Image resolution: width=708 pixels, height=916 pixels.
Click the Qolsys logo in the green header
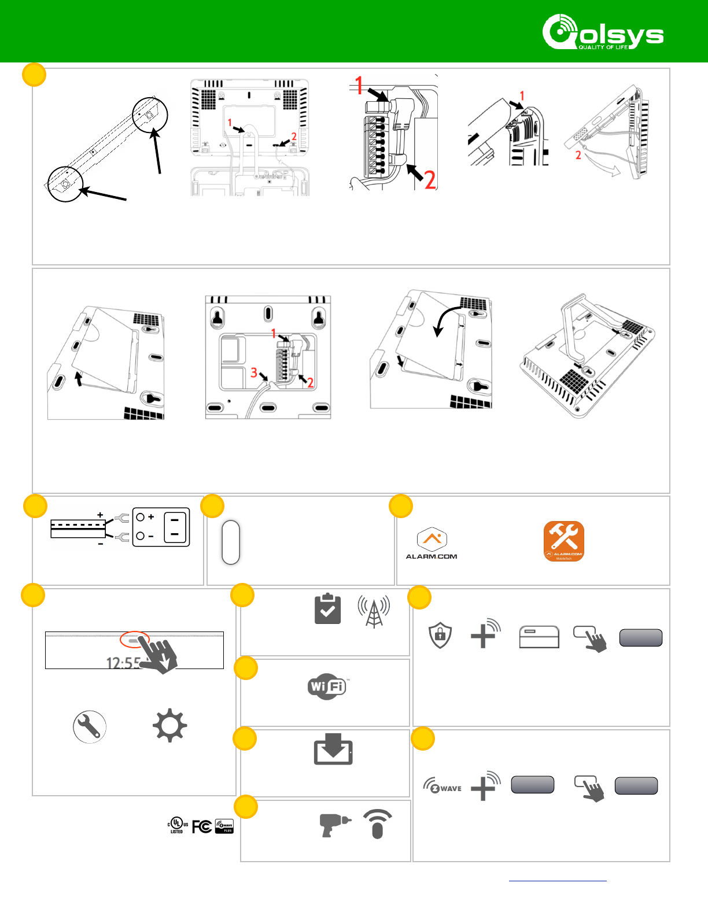(x=603, y=32)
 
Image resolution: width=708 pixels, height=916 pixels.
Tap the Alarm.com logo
(x=432, y=544)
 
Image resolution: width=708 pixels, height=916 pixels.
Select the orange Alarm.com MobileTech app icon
(x=563, y=541)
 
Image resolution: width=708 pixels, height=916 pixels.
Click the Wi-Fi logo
(x=327, y=686)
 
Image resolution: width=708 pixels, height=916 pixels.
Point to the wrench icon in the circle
(x=90, y=726)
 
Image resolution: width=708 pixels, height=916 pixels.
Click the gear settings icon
(x=169, y=726)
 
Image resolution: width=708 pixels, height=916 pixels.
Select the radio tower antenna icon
(x=374, y=611)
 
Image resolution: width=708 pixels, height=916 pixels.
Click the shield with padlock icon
(x=440, y=636)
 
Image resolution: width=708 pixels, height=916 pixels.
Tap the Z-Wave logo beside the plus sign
(x=443, y=787)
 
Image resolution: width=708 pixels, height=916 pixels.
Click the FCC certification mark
(x=201, y=827)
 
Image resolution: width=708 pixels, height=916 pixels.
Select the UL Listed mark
(x=178, y=825)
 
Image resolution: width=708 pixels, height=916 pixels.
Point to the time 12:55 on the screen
(x=123, y=663)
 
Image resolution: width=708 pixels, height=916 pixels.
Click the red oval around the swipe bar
(x=134, y=640)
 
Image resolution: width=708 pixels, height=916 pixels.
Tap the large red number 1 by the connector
(x=360, y=86)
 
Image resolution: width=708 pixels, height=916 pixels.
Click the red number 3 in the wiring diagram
(x=254, y=372)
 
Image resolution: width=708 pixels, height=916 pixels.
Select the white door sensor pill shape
(x=231, y=542)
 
